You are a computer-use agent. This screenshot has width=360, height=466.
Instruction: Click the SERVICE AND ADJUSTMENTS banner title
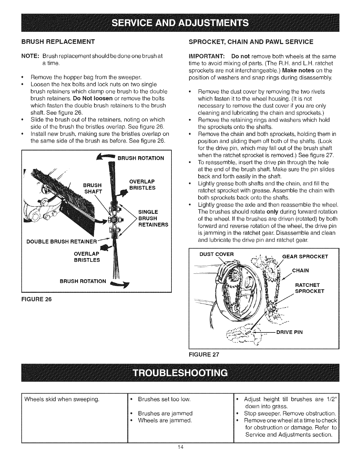coord(180,23)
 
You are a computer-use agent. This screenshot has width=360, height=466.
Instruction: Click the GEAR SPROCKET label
coord(305,256)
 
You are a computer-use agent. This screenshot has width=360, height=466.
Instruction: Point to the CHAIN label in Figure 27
coord(300,270)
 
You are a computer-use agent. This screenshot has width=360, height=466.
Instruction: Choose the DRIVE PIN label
coord(289,332)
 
